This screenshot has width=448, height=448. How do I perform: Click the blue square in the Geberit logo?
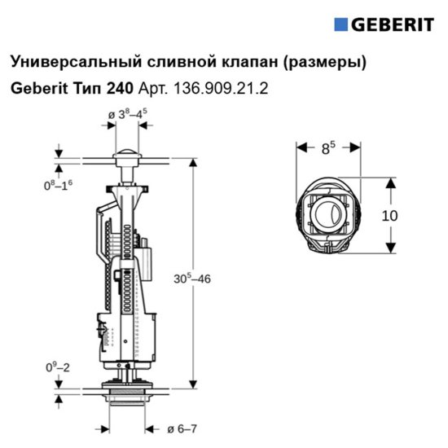tap(341, 24)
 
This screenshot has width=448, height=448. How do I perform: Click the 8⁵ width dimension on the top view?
tap(327, 149)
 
